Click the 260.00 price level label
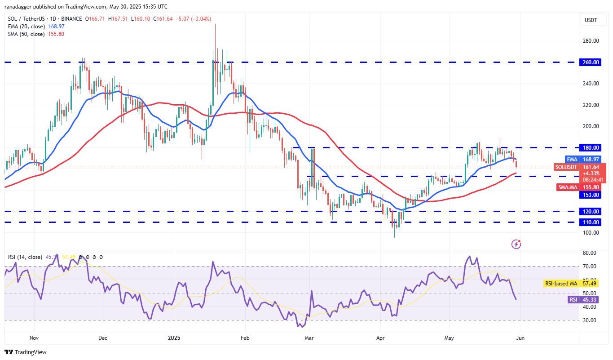coord(591,62)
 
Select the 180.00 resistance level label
coord(591,148)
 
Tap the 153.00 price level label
coord(591,195)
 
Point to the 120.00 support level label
coord(591,211)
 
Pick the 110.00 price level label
coord(591,222)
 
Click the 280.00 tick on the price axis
coord(591,41)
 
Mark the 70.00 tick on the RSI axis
coord(589,267)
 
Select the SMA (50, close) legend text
coord(26,34)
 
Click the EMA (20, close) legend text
coord(26,27)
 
